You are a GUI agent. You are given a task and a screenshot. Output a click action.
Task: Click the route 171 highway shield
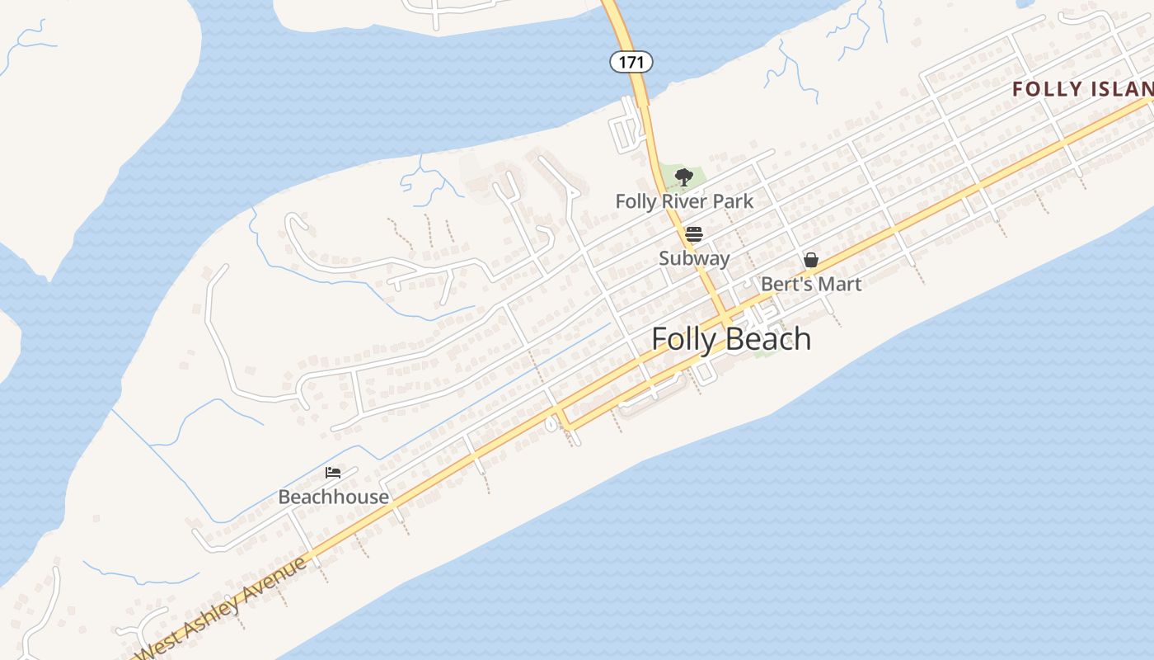click(x=631, y=61)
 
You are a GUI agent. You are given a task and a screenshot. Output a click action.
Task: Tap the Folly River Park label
click(x=684, y=200)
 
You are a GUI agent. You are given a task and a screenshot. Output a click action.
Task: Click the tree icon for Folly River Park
click(x=683, y=176)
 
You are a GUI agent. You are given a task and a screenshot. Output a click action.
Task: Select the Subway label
click(x=694, y=258)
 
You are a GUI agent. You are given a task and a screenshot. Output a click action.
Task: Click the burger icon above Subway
click(x=694, y=233)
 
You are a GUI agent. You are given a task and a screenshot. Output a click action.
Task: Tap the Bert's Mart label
click(x=810, y=284)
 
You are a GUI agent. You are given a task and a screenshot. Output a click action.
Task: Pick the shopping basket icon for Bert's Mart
click(x=811, y=260)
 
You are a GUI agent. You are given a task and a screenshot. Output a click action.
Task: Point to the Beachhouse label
click(x=333, y=497)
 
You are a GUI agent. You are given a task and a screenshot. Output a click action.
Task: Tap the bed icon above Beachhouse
click(x=333, y=473)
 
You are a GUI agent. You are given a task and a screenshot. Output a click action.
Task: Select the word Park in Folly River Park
click(x=734, y=200)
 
